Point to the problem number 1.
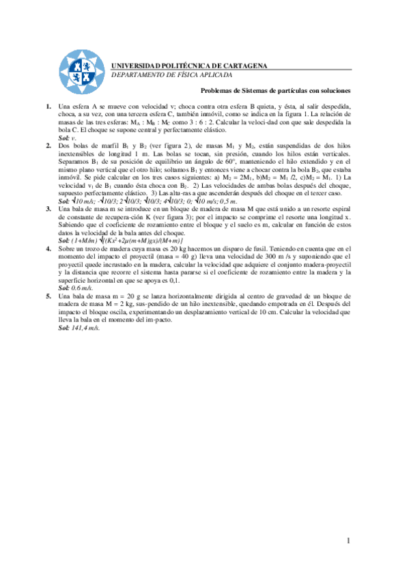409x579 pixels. tap(48, 108)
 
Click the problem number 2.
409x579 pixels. tap(48, 146)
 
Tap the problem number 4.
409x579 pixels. tap(48, 250)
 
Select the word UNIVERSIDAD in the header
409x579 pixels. tap(135, 66)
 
